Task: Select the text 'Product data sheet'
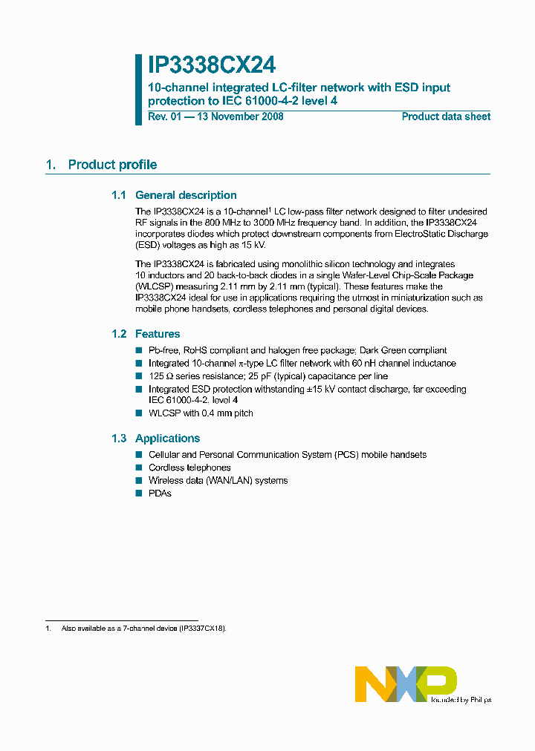pos(446,117)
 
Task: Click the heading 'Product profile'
pos(112,165)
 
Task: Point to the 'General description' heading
pos(186,195)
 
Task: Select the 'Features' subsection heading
pos(158,334)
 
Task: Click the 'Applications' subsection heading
pos(167,439)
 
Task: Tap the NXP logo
pos(406,683)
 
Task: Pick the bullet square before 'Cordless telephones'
pos(138,468)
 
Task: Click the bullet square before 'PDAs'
pos(138,493)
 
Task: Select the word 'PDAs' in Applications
pos(160,493)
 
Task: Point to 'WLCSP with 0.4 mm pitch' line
pos(201,413)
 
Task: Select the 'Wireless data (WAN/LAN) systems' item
pos(218,481)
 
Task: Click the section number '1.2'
pos(119,334)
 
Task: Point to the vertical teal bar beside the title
pos(138,89)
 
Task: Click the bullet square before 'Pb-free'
pos(138,350)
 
